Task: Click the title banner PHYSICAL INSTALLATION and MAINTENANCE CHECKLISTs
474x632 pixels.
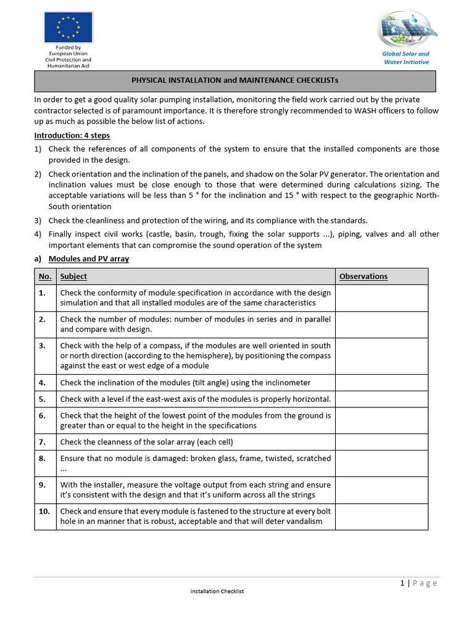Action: point(235,80)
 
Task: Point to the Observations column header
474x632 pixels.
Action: point(364,276)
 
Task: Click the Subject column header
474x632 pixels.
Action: point(73,276)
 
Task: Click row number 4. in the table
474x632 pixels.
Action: point(43,383)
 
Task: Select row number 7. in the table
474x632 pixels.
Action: point(43,442)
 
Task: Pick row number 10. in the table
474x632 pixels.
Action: point(44,511)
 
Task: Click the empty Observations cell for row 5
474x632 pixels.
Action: point(381,399)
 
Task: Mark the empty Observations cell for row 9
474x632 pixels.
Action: point(381,489)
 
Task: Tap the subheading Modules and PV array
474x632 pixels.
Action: point(89,259)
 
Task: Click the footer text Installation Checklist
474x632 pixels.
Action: point(217,591)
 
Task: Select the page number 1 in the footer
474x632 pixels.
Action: point(402,583)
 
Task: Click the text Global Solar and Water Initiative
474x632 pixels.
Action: point(406,58)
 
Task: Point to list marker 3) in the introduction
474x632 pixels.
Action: point(38,220)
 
